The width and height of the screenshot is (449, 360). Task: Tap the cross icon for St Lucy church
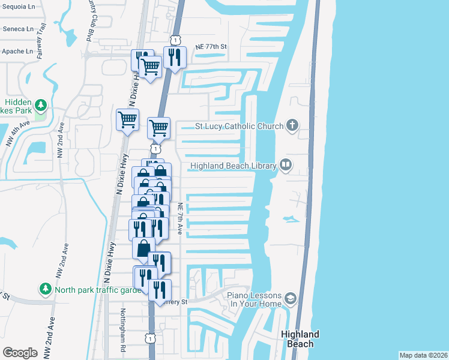click(292, 126)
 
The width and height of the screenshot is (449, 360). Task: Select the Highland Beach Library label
click(233, 166)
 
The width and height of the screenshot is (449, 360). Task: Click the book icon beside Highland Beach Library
click(286, 165)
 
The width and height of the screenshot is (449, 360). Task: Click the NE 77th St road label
click(212, 46)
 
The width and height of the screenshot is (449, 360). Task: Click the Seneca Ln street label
click(17, 29)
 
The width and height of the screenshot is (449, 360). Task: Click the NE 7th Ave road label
click(181, 218)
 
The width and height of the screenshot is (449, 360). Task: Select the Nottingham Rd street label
click(122, 329)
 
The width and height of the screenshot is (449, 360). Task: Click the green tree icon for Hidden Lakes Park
click(40, 106)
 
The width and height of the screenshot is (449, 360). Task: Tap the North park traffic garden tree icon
click(45, 290)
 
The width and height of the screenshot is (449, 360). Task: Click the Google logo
click(20, 352)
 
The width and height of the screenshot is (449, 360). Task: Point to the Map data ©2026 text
click(423, 355)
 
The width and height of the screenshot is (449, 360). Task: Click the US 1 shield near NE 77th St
click(174, 39)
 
